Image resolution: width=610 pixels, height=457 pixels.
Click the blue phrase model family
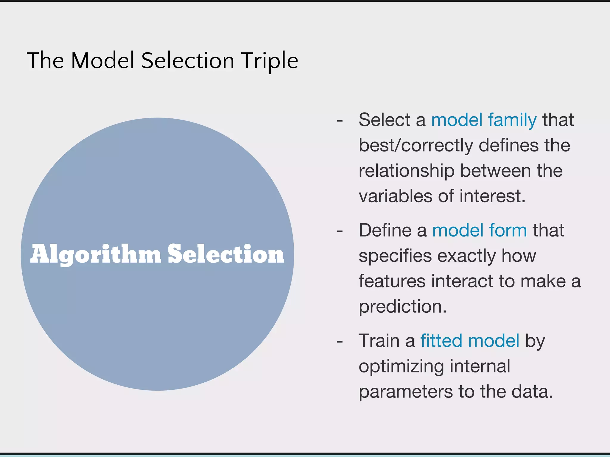coord(484,120)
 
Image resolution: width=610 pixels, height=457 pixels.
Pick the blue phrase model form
coord(479,230)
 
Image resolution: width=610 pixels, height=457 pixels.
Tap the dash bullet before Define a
coord(340,231)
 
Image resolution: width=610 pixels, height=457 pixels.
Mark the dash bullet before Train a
coord(340,341)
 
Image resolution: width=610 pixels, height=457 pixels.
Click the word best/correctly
coord(416,145)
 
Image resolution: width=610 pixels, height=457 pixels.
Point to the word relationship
coord(406,171)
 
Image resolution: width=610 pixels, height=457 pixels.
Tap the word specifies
coord(395,256)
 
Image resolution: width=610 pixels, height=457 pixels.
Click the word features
coord(392,281)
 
